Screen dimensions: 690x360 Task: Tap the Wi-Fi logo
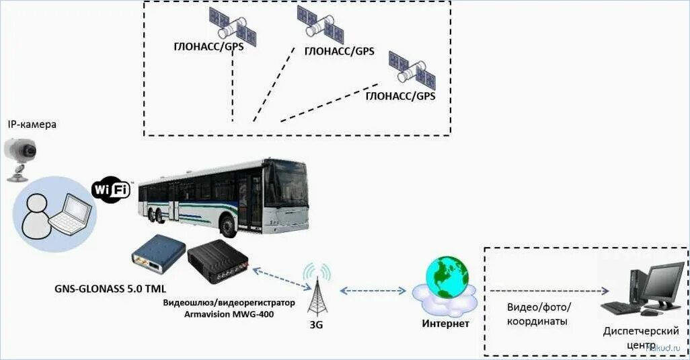111,190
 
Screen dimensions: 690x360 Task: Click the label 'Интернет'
445,324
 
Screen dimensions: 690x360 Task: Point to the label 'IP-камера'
32,124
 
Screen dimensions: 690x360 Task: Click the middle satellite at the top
321,24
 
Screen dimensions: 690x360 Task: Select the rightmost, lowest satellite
412,69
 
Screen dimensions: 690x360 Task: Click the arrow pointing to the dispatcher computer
549,291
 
